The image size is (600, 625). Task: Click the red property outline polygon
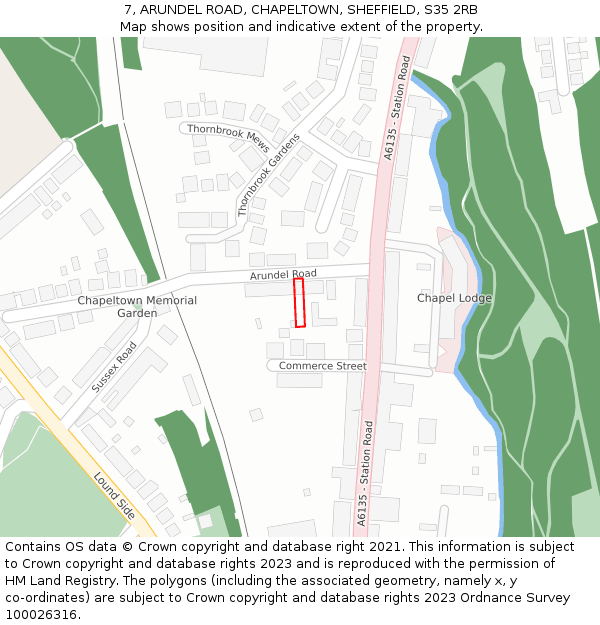[x=299, y=302]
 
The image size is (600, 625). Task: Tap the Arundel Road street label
[x=283, y=273]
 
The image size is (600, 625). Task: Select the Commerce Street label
[x=322, y=366]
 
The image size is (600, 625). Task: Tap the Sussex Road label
[x=114, y=367]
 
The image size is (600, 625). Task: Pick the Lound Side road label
[x=115, y=495]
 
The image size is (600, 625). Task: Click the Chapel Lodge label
[x=454, y=298]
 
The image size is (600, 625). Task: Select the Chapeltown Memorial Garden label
[x=137, y=306]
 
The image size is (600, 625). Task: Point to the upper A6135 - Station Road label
[x=397, y=108]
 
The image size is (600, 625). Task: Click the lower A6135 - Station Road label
[x=363, y=474]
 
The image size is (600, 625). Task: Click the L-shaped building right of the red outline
[x=321, y=315]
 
